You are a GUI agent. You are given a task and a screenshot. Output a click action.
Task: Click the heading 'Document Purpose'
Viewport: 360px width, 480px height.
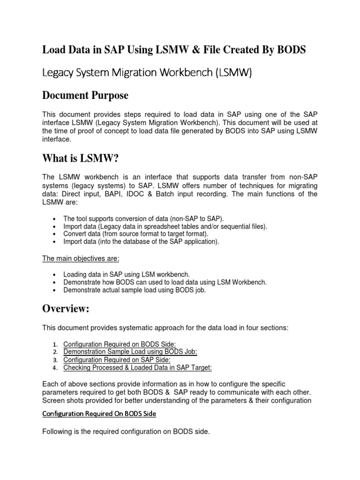tap(85, 95)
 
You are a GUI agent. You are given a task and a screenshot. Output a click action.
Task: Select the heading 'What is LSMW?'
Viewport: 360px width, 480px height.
tap(81, 159)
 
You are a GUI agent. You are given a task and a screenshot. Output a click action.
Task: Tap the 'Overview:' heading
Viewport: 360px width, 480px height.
tap(66, 308)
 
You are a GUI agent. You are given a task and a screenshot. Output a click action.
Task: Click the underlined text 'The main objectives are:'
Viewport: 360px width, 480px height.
tap(81, 258)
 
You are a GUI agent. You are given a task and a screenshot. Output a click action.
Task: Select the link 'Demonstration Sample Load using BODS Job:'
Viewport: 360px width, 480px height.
tap(130, 352)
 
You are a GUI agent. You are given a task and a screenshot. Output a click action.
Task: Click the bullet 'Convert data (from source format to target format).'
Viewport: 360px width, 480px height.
tap(136, 234)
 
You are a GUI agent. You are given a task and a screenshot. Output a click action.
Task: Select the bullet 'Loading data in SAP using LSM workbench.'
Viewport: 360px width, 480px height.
tap(126, 274)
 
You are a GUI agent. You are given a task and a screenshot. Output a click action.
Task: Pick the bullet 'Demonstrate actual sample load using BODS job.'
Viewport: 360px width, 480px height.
tap(135, 290)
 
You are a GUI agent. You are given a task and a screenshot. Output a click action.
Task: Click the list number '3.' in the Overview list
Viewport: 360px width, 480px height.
tap(55, 360)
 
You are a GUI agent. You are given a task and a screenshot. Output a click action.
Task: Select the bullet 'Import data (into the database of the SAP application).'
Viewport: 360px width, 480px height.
tap(141, 242)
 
